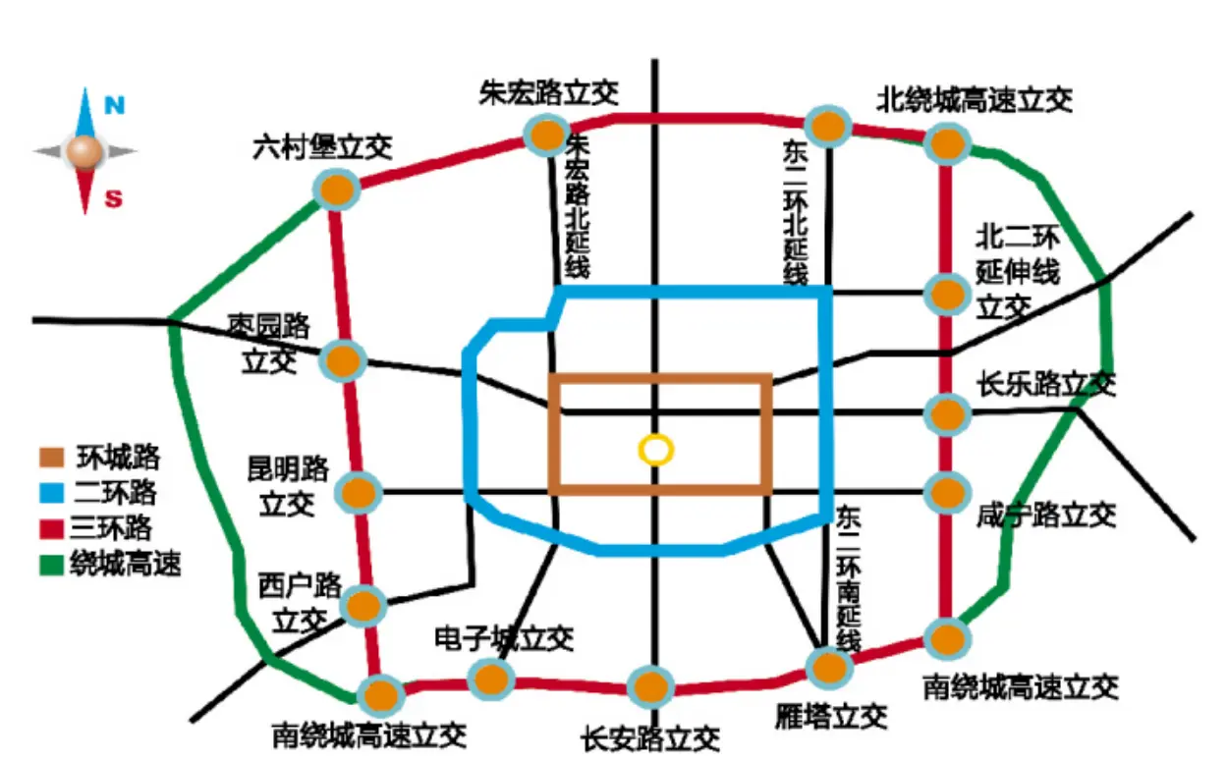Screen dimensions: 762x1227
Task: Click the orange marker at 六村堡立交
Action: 336,188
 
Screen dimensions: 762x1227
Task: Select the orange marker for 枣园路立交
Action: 344,361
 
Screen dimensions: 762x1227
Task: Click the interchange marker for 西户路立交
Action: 363,605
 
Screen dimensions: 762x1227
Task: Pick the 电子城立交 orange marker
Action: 490,678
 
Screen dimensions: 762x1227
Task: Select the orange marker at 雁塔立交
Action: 827,668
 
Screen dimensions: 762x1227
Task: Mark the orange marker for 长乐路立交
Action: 947,413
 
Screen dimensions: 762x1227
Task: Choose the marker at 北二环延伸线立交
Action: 947,292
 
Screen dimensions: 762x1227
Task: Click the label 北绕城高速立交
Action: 974,99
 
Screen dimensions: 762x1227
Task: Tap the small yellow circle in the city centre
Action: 655,450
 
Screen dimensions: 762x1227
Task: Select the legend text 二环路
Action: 115,492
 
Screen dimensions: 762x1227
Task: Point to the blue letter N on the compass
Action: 114,106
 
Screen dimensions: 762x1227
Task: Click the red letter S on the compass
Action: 114,199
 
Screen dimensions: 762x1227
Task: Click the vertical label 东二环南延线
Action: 848,579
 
